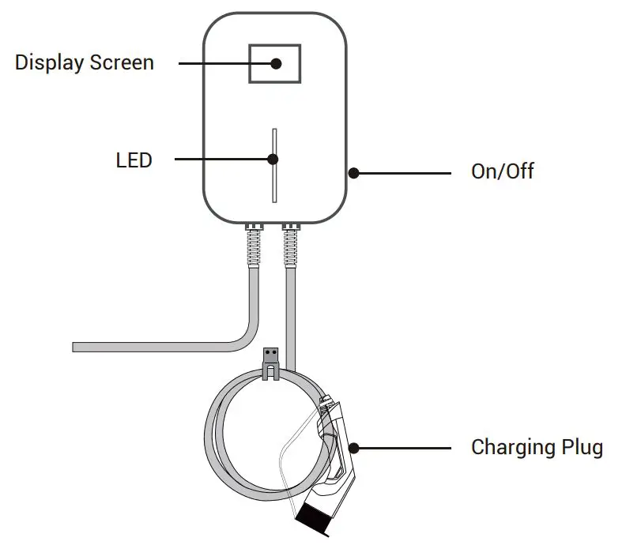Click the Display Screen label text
coord(85,62)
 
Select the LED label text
coord(134,160)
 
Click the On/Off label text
coord(503,171)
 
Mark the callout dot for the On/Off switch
coord(353,171)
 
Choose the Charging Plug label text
coord(537,448)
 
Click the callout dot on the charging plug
coord(353,448)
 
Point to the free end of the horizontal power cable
coord(76,347)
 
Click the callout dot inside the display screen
coord(277,63)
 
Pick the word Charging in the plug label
coord(513,448)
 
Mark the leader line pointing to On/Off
coord(403,171)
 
